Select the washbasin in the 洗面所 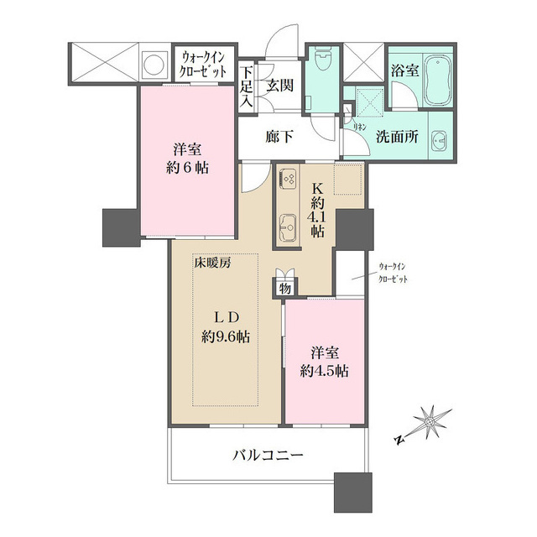[x=439, y=141]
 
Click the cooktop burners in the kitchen [x=288, y=179]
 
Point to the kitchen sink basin [x=288, y=225]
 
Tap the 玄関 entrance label [x=279, y=84]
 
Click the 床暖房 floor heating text [x=213, y=262]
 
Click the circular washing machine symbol [x=154, y=63]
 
